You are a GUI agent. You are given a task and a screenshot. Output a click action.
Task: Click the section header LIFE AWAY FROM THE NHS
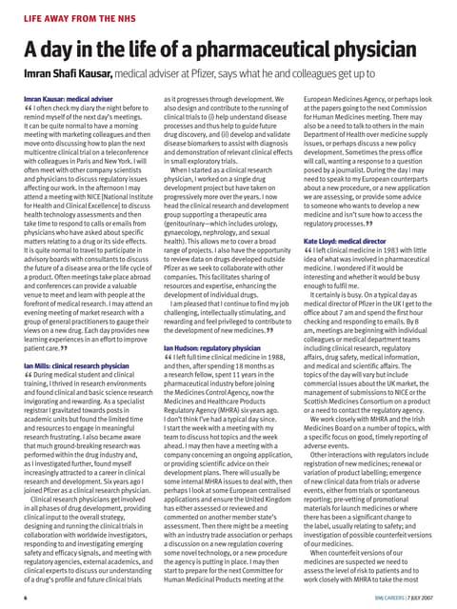pos(78,18)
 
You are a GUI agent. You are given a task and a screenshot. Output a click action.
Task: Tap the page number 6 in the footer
pos(25,598)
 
